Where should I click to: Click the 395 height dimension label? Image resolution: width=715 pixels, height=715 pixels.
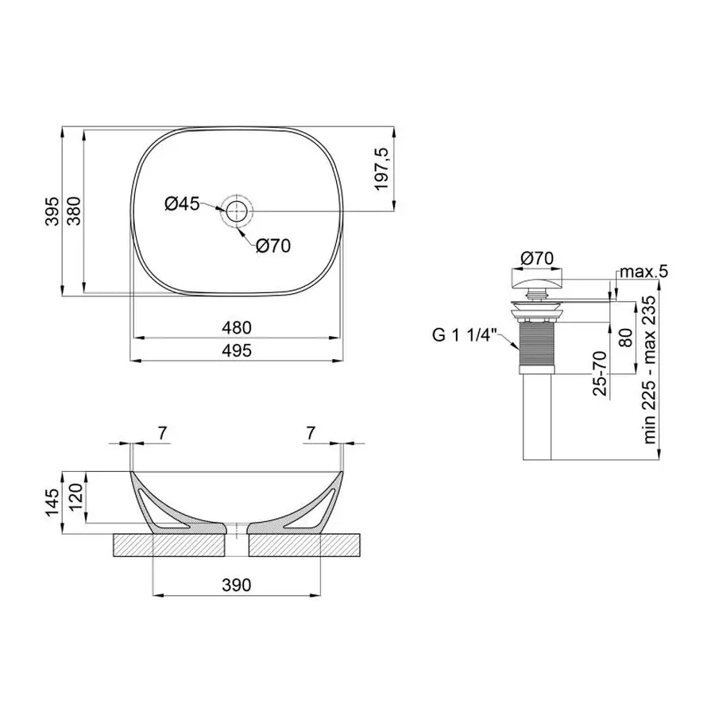coord(53,211)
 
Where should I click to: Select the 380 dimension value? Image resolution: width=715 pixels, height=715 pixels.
coord(74,211)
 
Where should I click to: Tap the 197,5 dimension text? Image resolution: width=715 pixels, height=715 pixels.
coord(381,169)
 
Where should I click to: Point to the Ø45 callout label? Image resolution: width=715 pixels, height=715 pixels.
coord(182,204)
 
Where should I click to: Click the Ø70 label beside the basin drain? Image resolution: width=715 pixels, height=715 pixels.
coord(273,246)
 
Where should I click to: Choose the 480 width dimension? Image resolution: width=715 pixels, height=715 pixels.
coord(237,327)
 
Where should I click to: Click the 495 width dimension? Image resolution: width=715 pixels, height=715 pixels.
coord(237,350)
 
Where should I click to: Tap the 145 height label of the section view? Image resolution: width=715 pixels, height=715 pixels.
coord(53,503)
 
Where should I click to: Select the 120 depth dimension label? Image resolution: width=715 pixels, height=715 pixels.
coord(75,497)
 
